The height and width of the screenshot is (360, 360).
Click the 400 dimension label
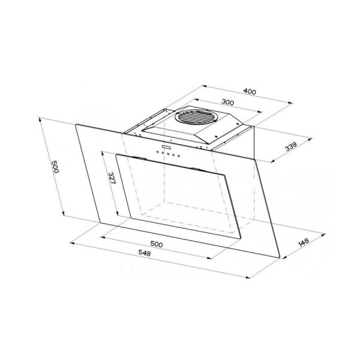[x=250, y=91]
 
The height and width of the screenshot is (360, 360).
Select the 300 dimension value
[x=227, y=102]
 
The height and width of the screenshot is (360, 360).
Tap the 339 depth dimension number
[x=291, y=147]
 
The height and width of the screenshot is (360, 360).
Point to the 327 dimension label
[x=112, y=178]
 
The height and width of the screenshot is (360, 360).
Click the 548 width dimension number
[x=145, y=253]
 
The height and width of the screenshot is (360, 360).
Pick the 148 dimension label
[x=304, y=242]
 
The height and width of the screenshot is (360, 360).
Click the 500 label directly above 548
[x=157, y=244]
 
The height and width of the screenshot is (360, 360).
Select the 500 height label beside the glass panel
[x=55, y=166]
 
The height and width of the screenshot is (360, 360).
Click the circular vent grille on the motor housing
[x=196, y=117]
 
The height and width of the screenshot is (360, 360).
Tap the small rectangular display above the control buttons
[x=166, y=147]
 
